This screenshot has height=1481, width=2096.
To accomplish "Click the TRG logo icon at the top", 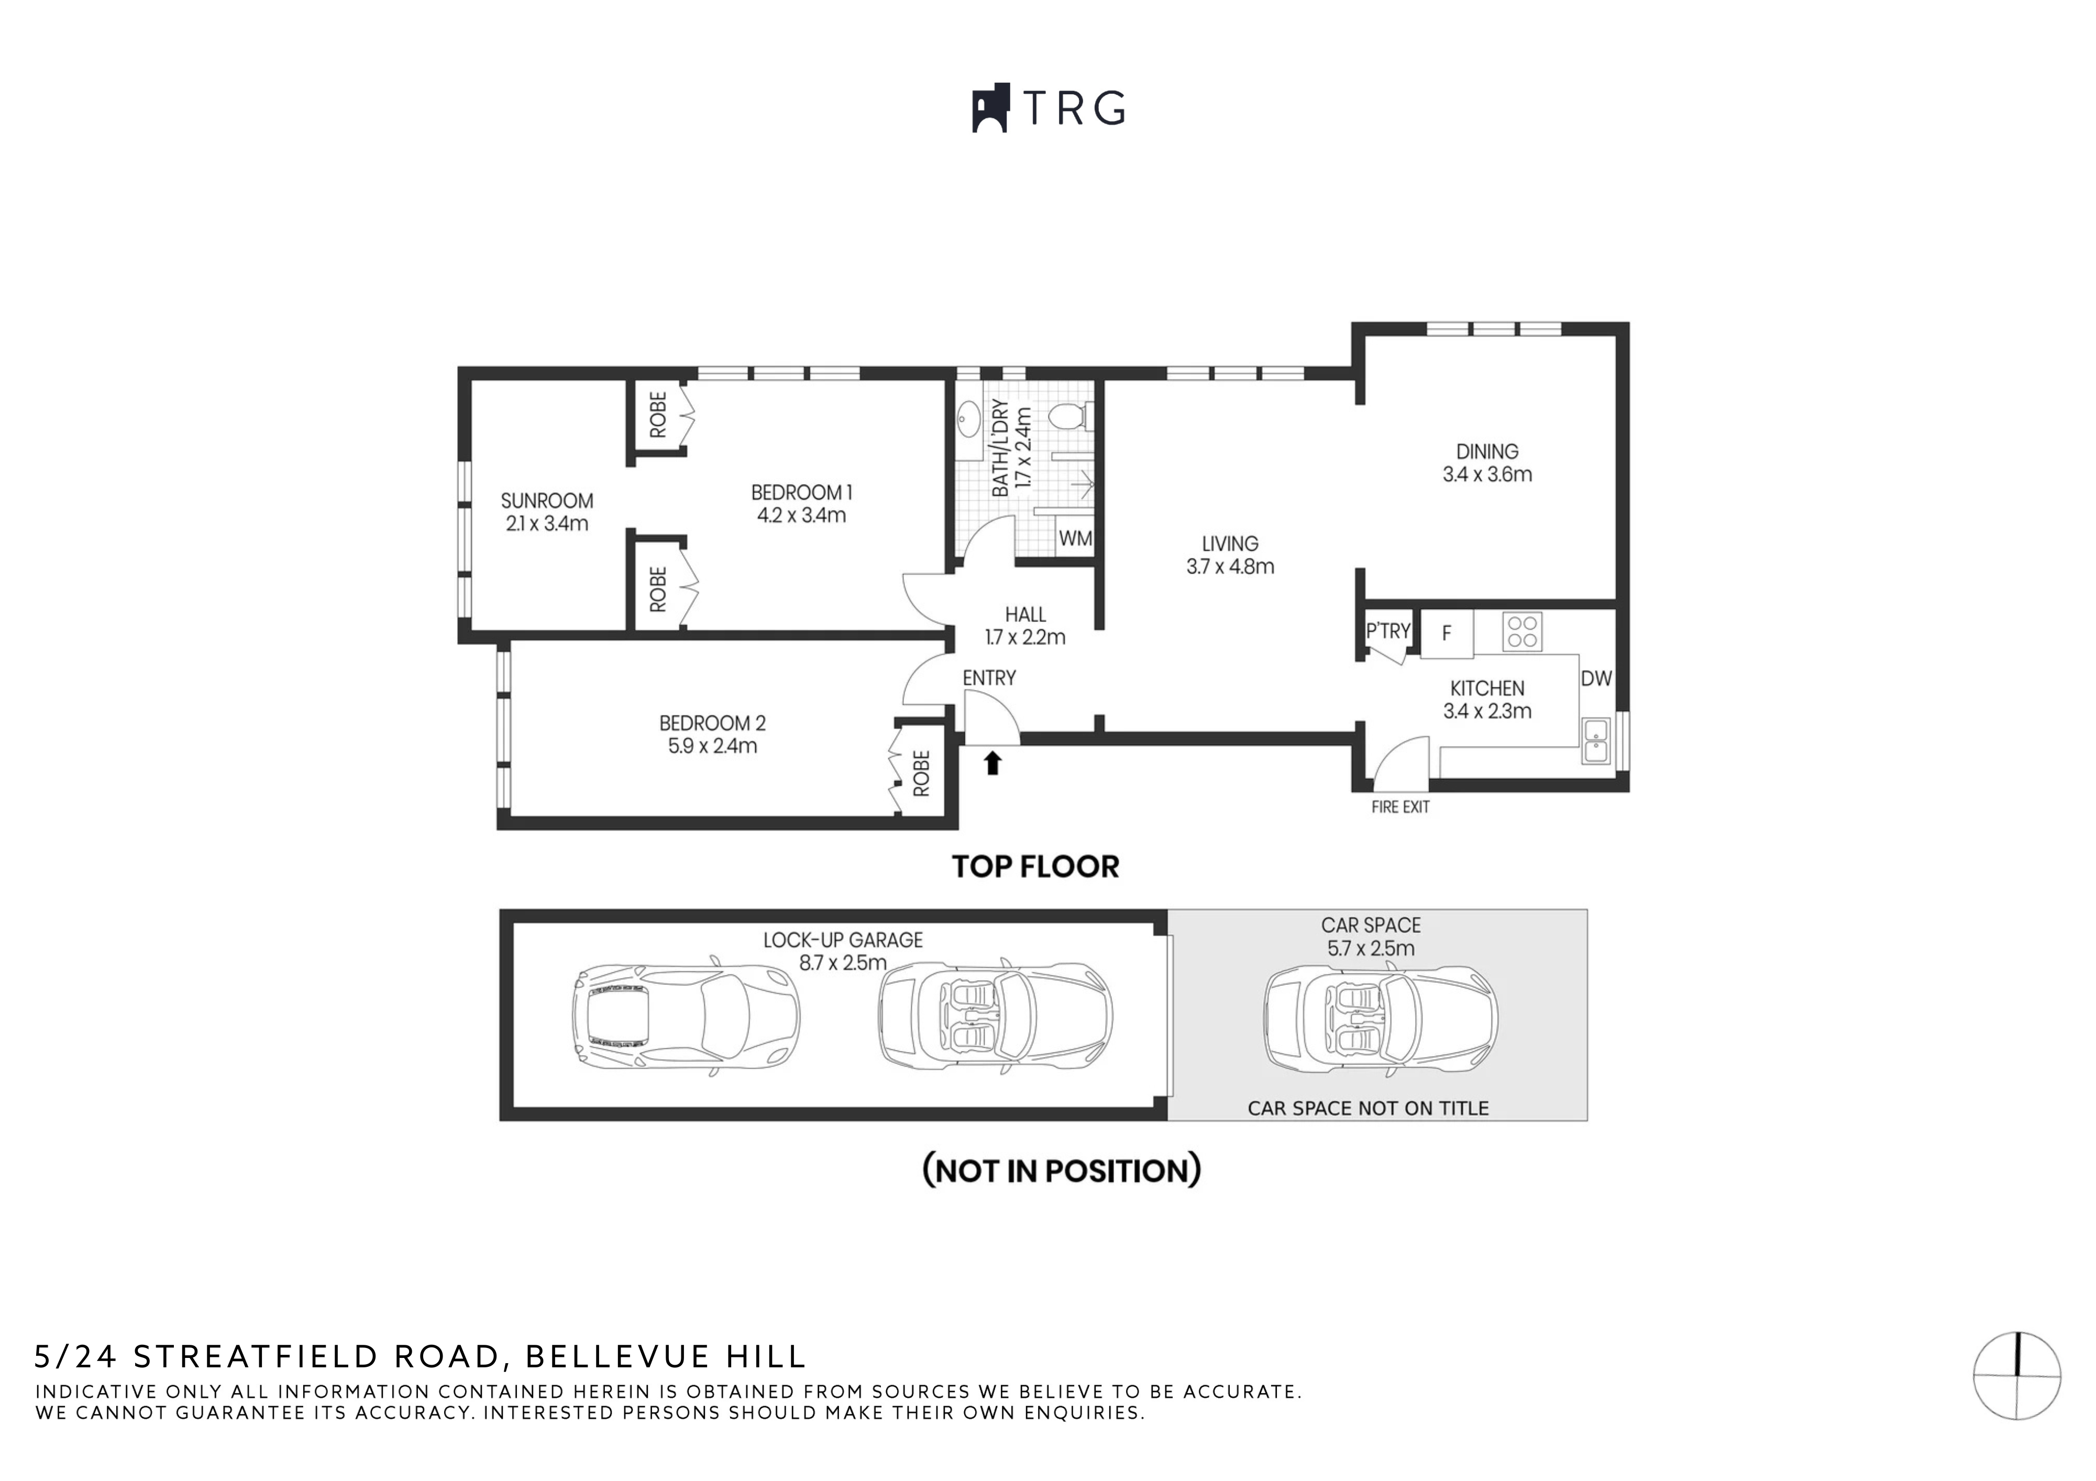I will tap(990, 108).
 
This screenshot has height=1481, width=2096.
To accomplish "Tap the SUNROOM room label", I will tap(547, 500).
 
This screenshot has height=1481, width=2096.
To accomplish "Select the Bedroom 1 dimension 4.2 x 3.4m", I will tap(801, 515).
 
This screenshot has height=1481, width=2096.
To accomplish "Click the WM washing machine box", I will tap(1075, 539).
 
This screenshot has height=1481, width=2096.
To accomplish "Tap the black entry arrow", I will tap(992, 762).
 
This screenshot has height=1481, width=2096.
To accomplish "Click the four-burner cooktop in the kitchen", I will tap(1522, 631).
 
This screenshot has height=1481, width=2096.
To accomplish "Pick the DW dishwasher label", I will tap(1596, 678).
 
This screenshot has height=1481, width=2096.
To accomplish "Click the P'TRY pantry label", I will tap(1387, 631).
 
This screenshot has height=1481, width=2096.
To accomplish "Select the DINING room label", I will tap(1486, 451).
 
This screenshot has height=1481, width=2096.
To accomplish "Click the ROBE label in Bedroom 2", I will tap(921, 773).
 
